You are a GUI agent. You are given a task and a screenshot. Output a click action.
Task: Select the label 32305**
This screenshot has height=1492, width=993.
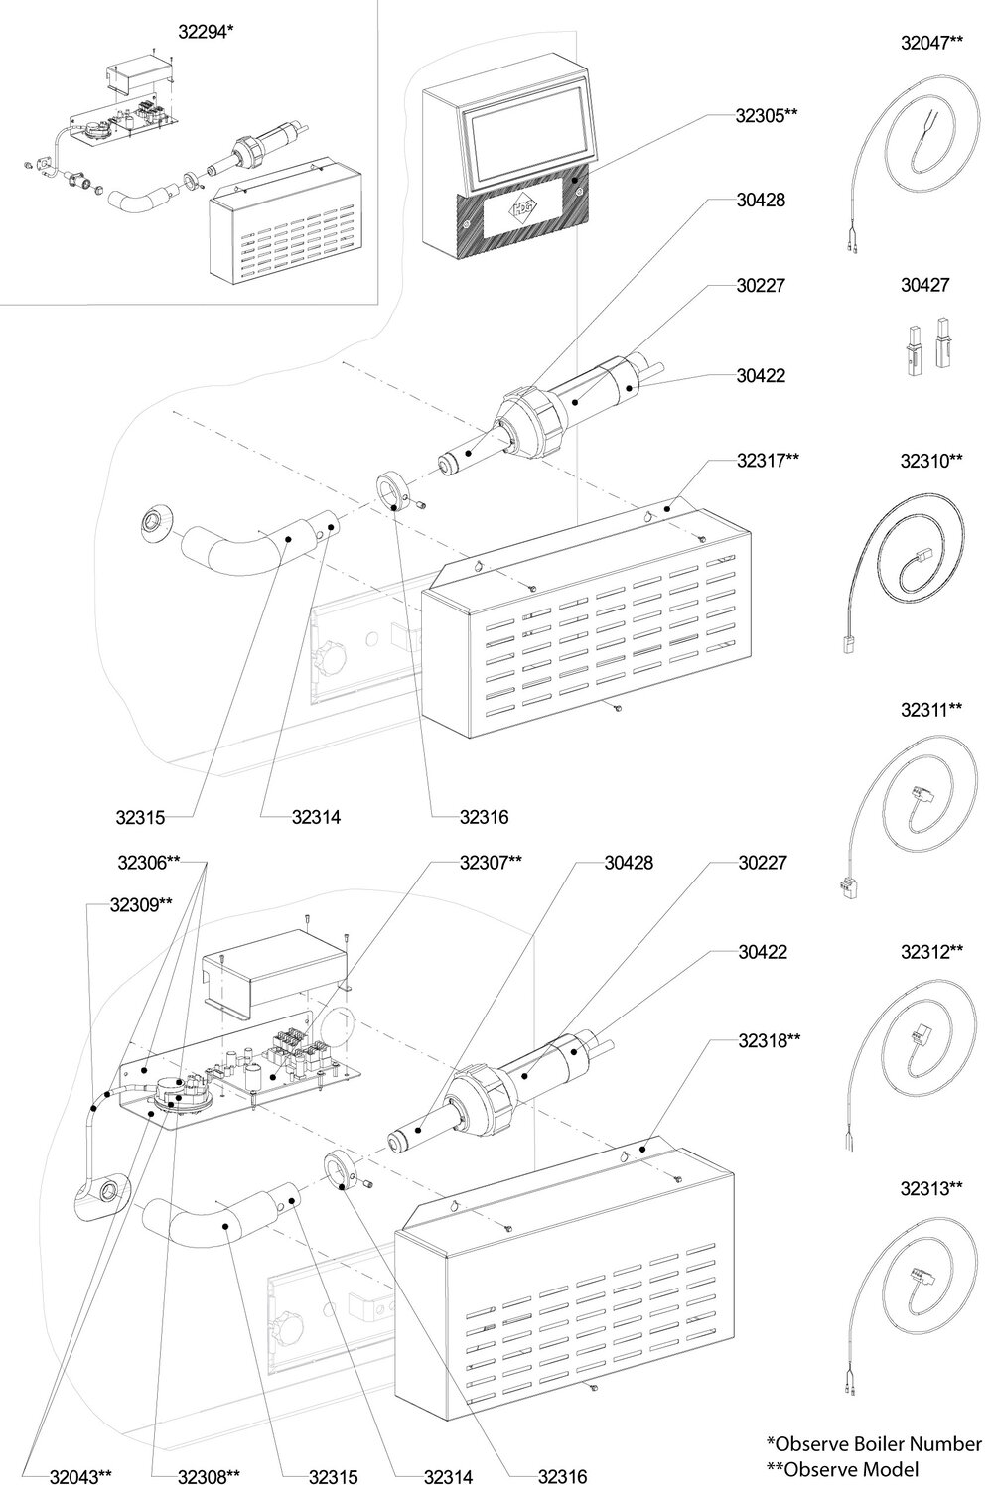tap(767, 114)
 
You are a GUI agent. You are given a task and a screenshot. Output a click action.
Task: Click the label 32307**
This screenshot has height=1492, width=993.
tap(491, 863)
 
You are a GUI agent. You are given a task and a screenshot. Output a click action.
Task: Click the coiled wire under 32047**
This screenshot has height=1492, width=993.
tap(909, 149)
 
